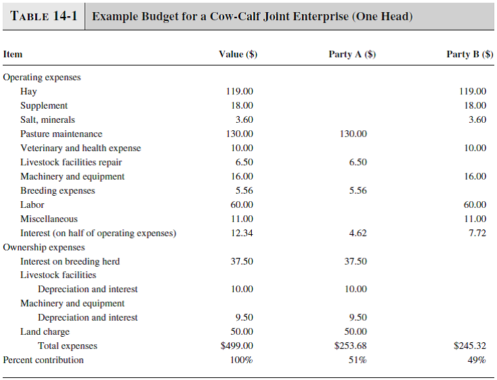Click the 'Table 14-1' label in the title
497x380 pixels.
pyautogui.click(x=43, y=16)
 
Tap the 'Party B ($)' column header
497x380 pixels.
pyautogui.click(x=469, y=55)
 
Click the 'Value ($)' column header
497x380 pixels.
pyautogui.click(x=238, y=55)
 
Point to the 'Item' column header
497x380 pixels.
pyautogui.click(x=13, y=55)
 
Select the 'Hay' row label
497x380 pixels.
pyautogui.click(x=28, y=91)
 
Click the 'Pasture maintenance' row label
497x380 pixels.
pyautogui.click(x=61, y=134)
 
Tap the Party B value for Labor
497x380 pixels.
pyautogui.click(x=473, y=205)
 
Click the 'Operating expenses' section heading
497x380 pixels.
pyautogui.click(x=42, y=77)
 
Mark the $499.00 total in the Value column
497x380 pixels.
pyautogui.click(x=237, y=346)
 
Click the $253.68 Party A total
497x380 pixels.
pyautogui.click(x=350, y=346)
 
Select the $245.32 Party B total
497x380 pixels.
pyautogui.click(x=470, y=346)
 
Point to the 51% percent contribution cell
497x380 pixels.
pyautogui.click(x=357, y=360)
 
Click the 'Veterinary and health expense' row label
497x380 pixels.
pyautogui.click(x=80, y=148)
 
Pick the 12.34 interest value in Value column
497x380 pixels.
pyautogui.click(x=240, y=233)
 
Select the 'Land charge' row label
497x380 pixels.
pyautogui.click(x=45, y=331)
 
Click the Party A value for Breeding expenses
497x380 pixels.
pyautogui.click(x=358, y=190)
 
